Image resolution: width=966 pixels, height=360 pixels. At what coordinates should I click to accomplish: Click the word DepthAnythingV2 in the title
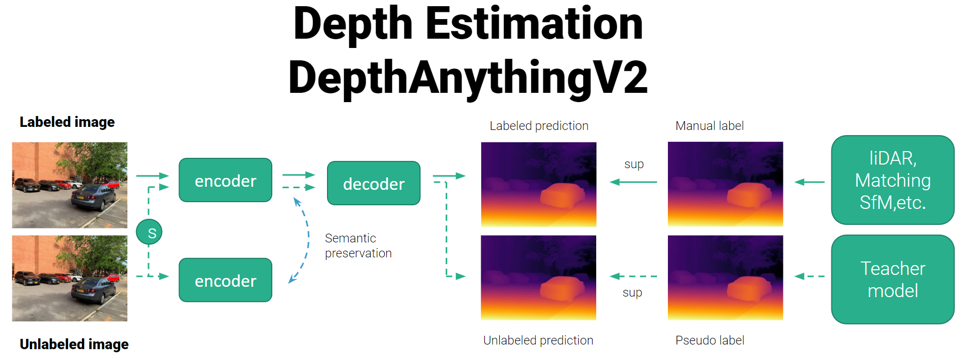[x=468, y=77]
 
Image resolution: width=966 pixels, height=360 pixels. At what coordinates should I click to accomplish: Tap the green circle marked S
[x=149, y=232]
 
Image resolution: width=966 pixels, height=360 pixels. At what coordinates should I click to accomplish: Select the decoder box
[x=374, y=183]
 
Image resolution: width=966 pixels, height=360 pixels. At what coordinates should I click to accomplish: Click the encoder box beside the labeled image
[x=225, y=180]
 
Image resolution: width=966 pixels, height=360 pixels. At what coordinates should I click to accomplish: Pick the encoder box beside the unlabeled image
[x=225, y=280]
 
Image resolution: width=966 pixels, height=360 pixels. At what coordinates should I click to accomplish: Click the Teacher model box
[x=893, y=280]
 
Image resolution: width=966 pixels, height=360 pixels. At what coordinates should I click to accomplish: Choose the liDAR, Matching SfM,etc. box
[x=893, y=180]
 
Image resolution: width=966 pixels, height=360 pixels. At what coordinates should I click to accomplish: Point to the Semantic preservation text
[x=358, y=246]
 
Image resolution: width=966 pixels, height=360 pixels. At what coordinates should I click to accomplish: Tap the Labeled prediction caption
[x=539, y=126]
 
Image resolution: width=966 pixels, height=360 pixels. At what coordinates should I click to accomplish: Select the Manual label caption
[x=710, y=126]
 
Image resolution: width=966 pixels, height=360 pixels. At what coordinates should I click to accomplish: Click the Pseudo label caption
[x=710, y=340]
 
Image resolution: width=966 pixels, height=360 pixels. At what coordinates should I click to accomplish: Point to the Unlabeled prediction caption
[x=538, y=340]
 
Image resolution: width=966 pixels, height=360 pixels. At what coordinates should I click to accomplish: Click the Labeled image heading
[x=67, y=122]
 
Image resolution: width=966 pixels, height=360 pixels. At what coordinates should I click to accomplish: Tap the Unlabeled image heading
[x=74, y=344]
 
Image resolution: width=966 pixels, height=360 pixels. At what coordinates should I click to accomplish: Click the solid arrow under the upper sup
[x=633, y=182]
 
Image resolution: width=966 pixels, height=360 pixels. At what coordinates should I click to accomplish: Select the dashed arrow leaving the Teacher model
[x=809, y=276]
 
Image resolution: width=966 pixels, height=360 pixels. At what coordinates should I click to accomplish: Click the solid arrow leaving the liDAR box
[x=809, y=182]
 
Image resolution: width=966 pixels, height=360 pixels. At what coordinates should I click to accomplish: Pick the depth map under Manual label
[x=725, y=184]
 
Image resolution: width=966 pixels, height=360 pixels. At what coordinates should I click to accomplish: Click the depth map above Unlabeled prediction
[x=538, y=278]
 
